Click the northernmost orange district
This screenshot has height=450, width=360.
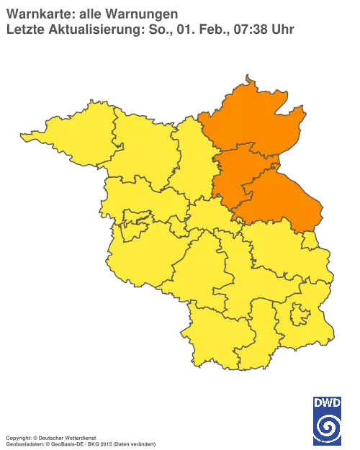[x=248, y=119]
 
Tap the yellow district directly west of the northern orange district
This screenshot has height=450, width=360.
[x=191, y=155]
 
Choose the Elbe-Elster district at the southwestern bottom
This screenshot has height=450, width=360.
[x=216, y=331]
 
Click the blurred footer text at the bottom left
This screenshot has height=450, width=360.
[x=79, y=438]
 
